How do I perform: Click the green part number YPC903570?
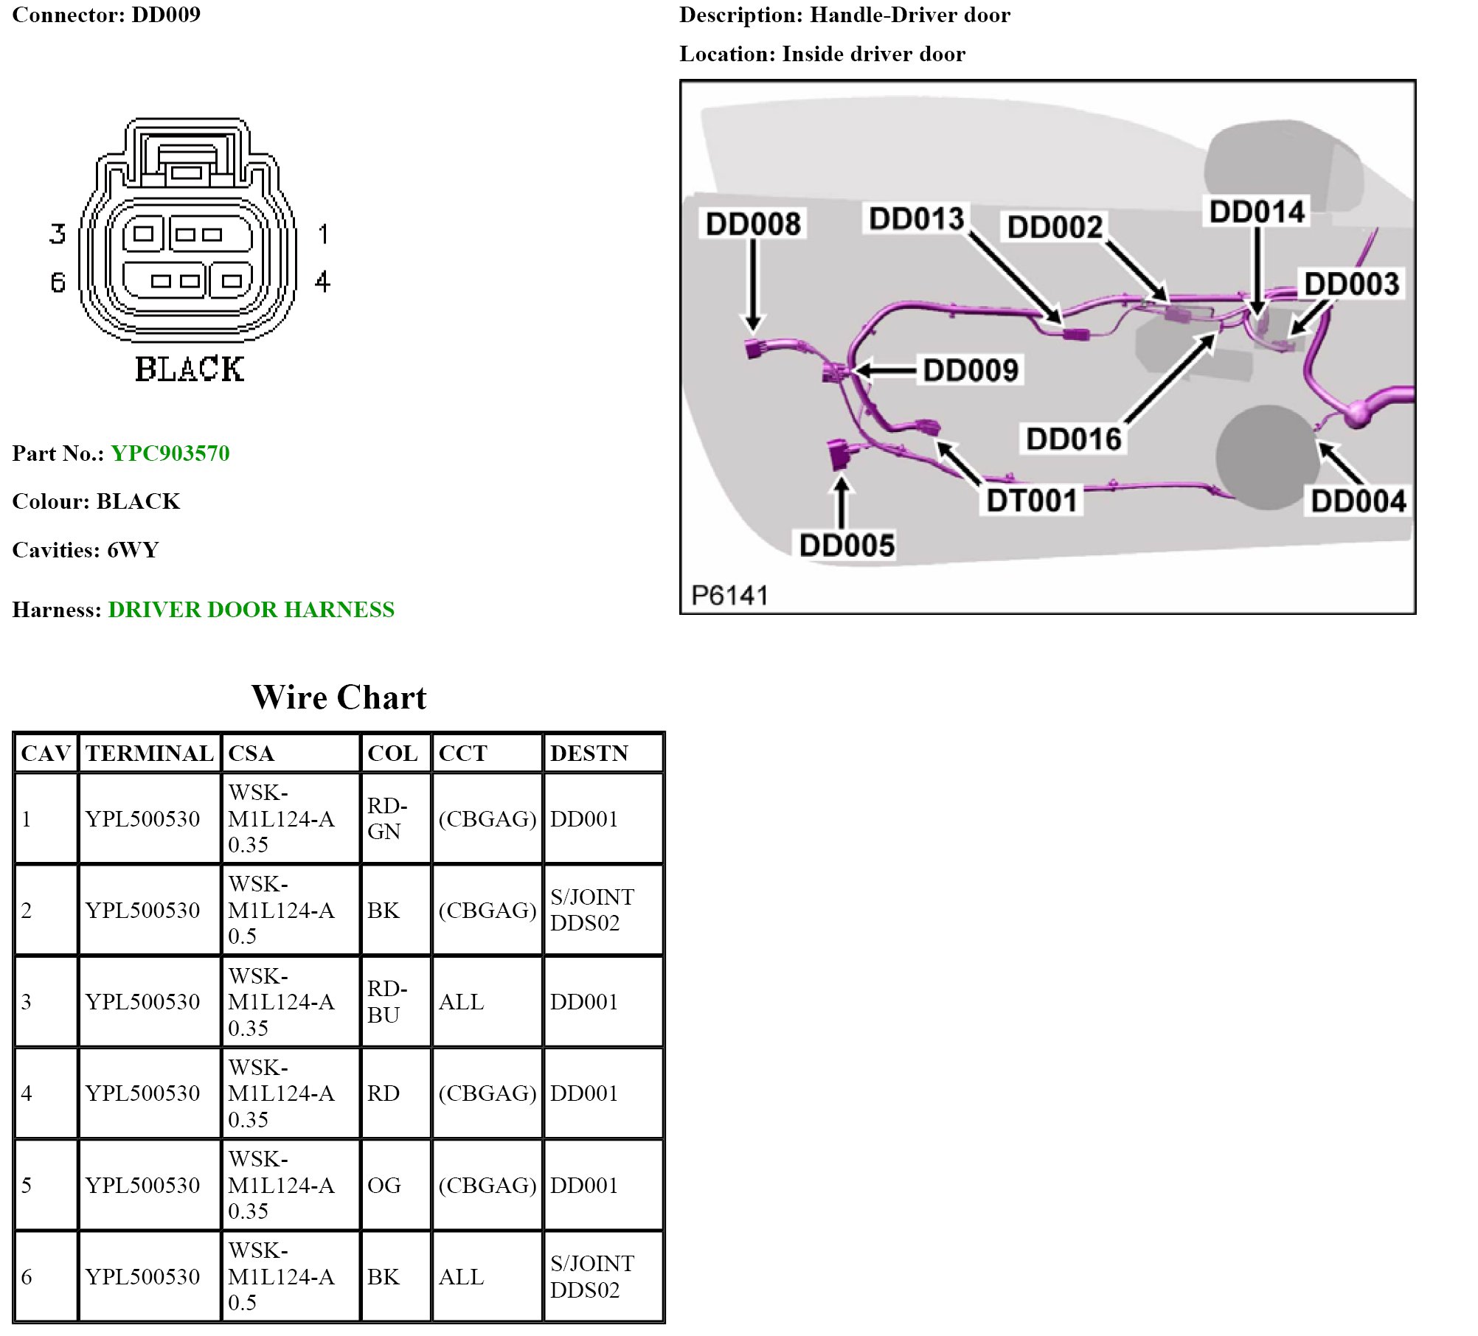tap(170, 453)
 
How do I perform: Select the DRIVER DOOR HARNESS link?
tap(251, 609)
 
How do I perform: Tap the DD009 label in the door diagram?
tap(970, 370)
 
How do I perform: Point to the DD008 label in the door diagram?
tap(752, 223)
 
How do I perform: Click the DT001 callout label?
tap(1031, 501)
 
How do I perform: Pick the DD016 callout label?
tap(1073, 439)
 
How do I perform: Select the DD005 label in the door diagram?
tap(847, 546)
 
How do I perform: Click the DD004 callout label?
tap(1358, 501)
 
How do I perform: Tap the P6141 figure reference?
tap(729, 595)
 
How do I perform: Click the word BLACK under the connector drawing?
tap(189, 369)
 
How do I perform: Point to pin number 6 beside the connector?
tap(58, 282)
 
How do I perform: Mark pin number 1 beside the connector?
tap(323, 234)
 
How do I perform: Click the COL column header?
tap(392, 753)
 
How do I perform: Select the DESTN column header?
tap(589, 753)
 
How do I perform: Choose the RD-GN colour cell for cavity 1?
tap(386, 818)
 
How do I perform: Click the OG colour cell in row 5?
tap(384, 1185)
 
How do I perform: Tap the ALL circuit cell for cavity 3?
tap(461, 1001)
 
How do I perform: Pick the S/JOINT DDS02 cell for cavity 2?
tap(591, 910)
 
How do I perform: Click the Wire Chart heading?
tap(339, 697)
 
